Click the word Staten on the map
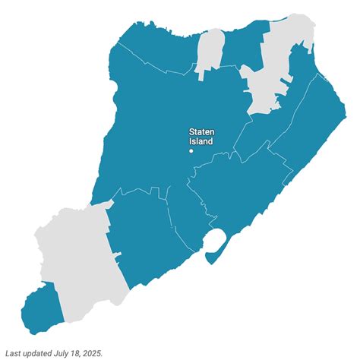(x=202, y=131)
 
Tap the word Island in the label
(x=201, y=141)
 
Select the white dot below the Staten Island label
(x=191, y=150)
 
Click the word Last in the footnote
(x=14, y=352)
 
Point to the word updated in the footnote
(x=42, y=352)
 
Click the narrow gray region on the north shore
(x=209, y=53)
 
